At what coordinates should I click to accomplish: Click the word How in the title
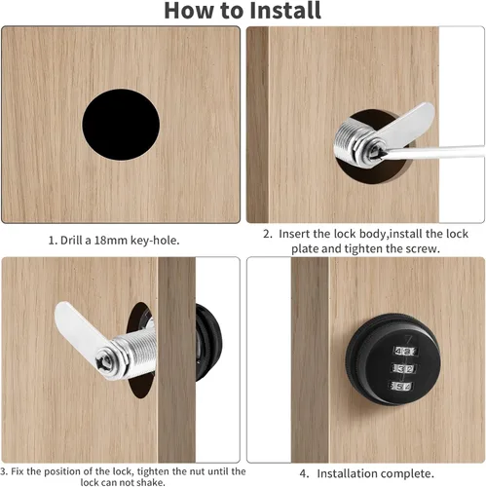tap(190, 11)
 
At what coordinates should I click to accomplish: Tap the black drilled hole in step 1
tap(121, 125)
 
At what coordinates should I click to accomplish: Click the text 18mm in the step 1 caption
tap(111, 241)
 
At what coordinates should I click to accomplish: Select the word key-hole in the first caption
tap(155, 241)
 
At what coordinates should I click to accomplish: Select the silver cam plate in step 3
tap(81, 328)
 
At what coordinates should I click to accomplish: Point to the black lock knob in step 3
tap(208, 343)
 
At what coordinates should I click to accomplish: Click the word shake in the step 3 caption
tap(152, 482)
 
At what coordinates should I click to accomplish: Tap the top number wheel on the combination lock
tap(405, 351)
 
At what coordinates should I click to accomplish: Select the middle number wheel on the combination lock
tap(403, 368)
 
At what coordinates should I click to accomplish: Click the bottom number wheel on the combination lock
tap(401, 386)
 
